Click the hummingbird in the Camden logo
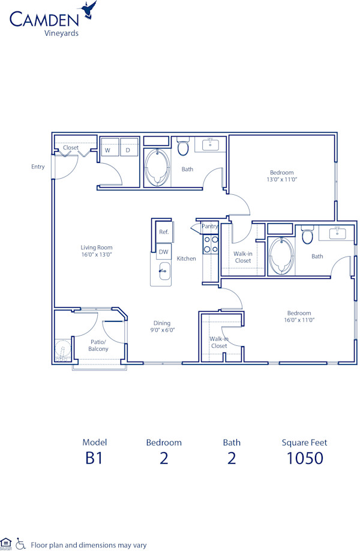click(91, 10)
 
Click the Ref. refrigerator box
click(163, 232)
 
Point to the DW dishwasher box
click(163, 252)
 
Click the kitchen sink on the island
click(162, 272)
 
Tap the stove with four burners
click(211, 245)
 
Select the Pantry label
click(210, 226)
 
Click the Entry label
click(38, 167)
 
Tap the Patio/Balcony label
click(98, 345)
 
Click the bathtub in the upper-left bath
click(158, 167)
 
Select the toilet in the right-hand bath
click(307, 235)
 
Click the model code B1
click(94, 458)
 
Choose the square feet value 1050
click(304, 458)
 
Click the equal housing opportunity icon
click(6, 543)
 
